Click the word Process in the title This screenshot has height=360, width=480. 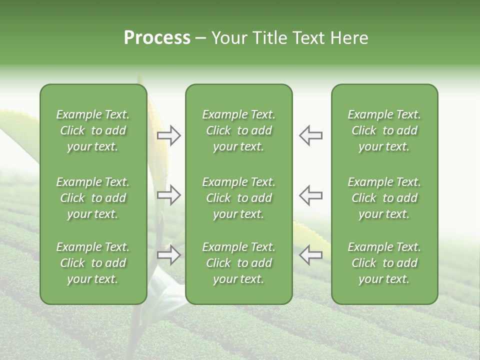157,38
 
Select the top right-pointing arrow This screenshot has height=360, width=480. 169,135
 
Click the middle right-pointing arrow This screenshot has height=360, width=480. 169,195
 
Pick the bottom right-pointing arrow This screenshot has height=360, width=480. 169,255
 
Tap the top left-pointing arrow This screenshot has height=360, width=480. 310,135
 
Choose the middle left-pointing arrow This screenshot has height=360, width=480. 310,195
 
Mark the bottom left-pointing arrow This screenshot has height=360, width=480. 310,255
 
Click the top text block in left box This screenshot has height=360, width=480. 93,130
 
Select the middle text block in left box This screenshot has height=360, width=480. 93,198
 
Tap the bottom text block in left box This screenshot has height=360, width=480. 93,263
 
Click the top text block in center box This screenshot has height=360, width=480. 238,130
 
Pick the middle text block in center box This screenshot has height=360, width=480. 238,198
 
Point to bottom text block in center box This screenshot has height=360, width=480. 238,263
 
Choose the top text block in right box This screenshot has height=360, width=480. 384,130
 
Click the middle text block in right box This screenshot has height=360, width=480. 384,198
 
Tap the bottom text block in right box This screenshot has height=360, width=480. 384,263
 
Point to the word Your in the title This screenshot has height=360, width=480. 229,38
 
